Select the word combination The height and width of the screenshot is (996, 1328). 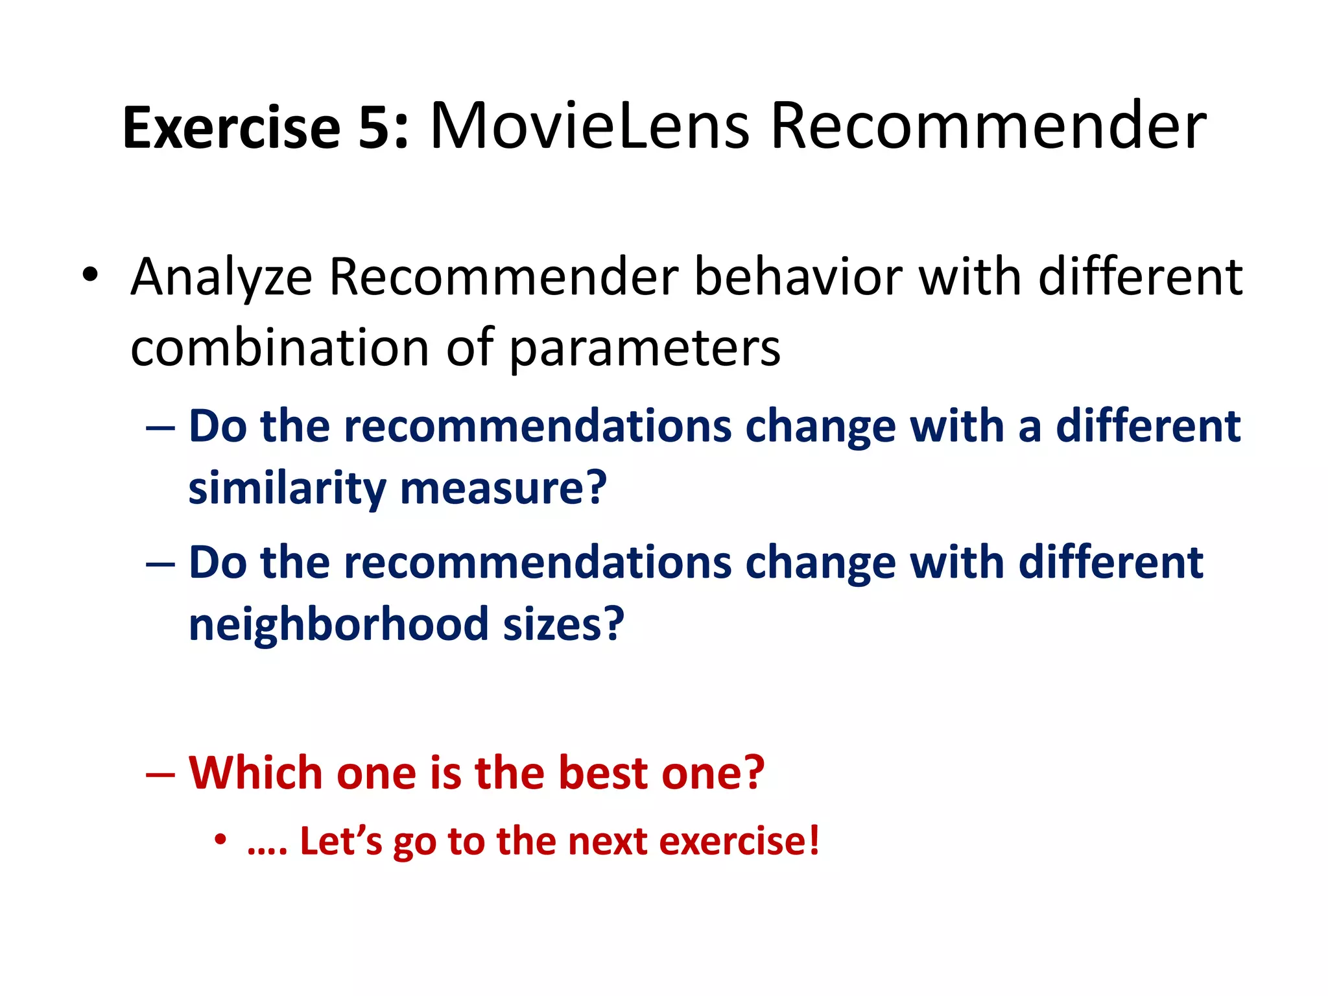coord(279,348)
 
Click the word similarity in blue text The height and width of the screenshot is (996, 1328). coord(287,488)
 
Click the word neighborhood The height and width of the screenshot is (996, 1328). coord(338,624)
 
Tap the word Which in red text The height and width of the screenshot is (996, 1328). coord(255,773)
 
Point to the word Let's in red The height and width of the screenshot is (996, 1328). coord(341,841)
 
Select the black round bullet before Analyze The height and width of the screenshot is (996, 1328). coord(90,275)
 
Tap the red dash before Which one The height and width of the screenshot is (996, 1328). coord(160,774)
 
